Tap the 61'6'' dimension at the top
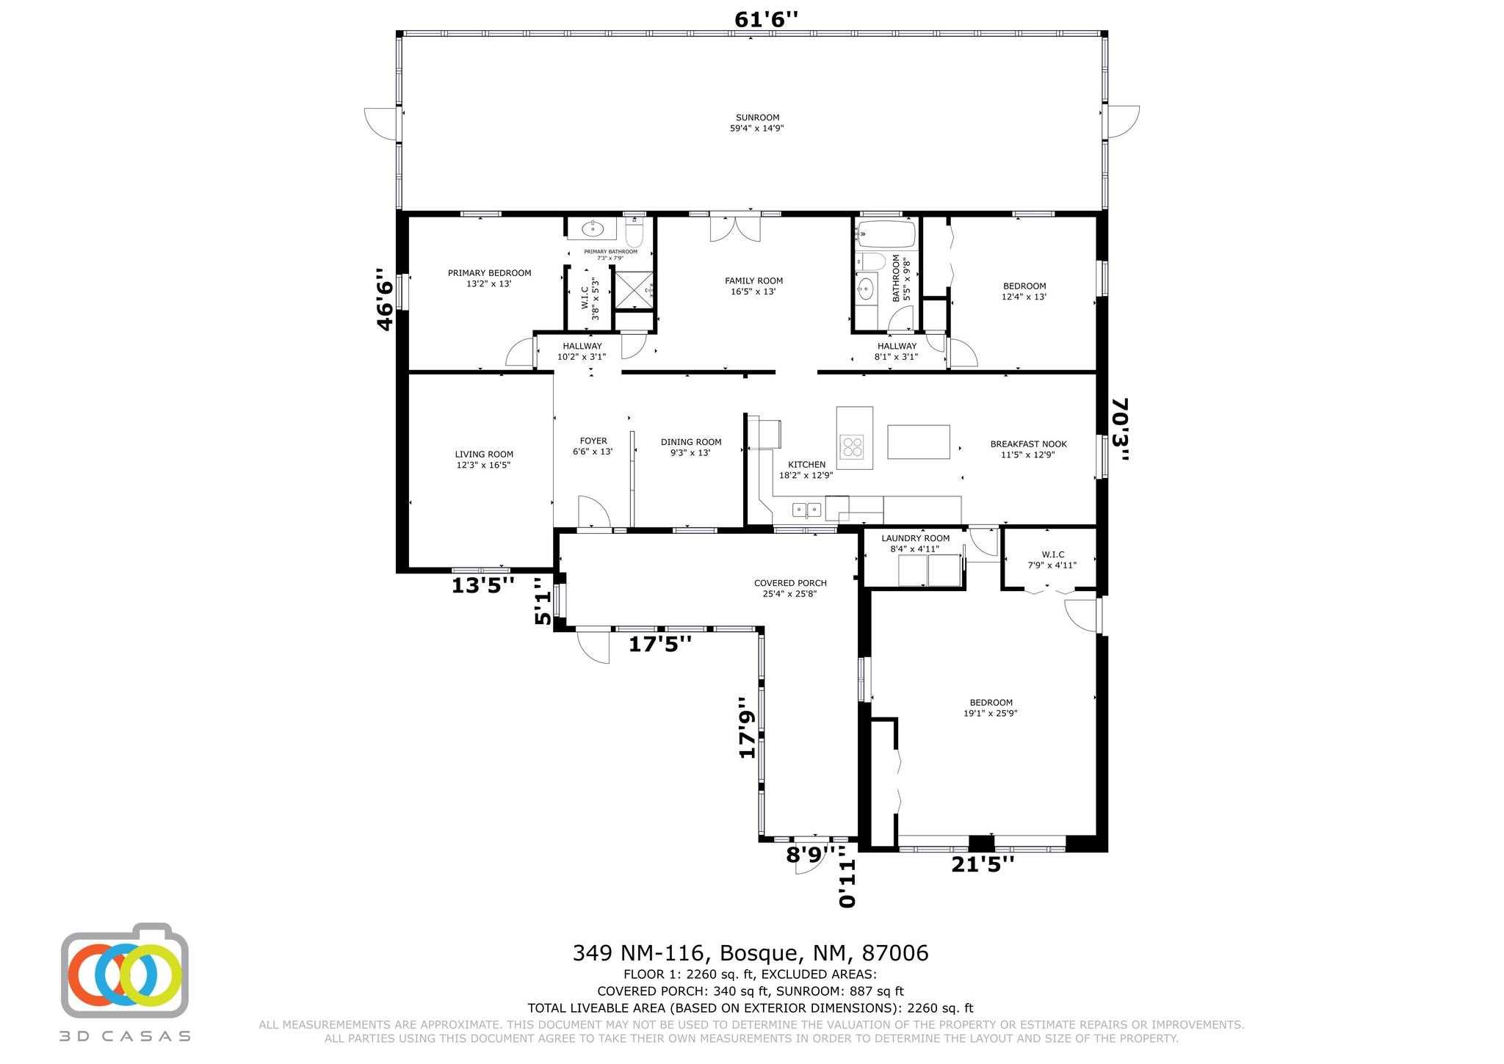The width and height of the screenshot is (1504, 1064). pos(765,20)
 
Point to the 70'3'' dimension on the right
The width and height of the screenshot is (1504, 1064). pos(1120,430)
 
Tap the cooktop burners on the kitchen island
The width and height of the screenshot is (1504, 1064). pos(853,446)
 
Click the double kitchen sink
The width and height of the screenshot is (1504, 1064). pos(806,509)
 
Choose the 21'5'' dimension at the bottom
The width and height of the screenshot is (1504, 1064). pos(982,864)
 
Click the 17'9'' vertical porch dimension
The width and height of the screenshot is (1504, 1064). pos(747,727)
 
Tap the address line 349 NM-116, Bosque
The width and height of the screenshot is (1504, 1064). pos(750,953)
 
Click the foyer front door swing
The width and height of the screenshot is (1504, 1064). pos(593,512)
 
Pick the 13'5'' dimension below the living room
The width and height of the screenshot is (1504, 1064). pos(482,585)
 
